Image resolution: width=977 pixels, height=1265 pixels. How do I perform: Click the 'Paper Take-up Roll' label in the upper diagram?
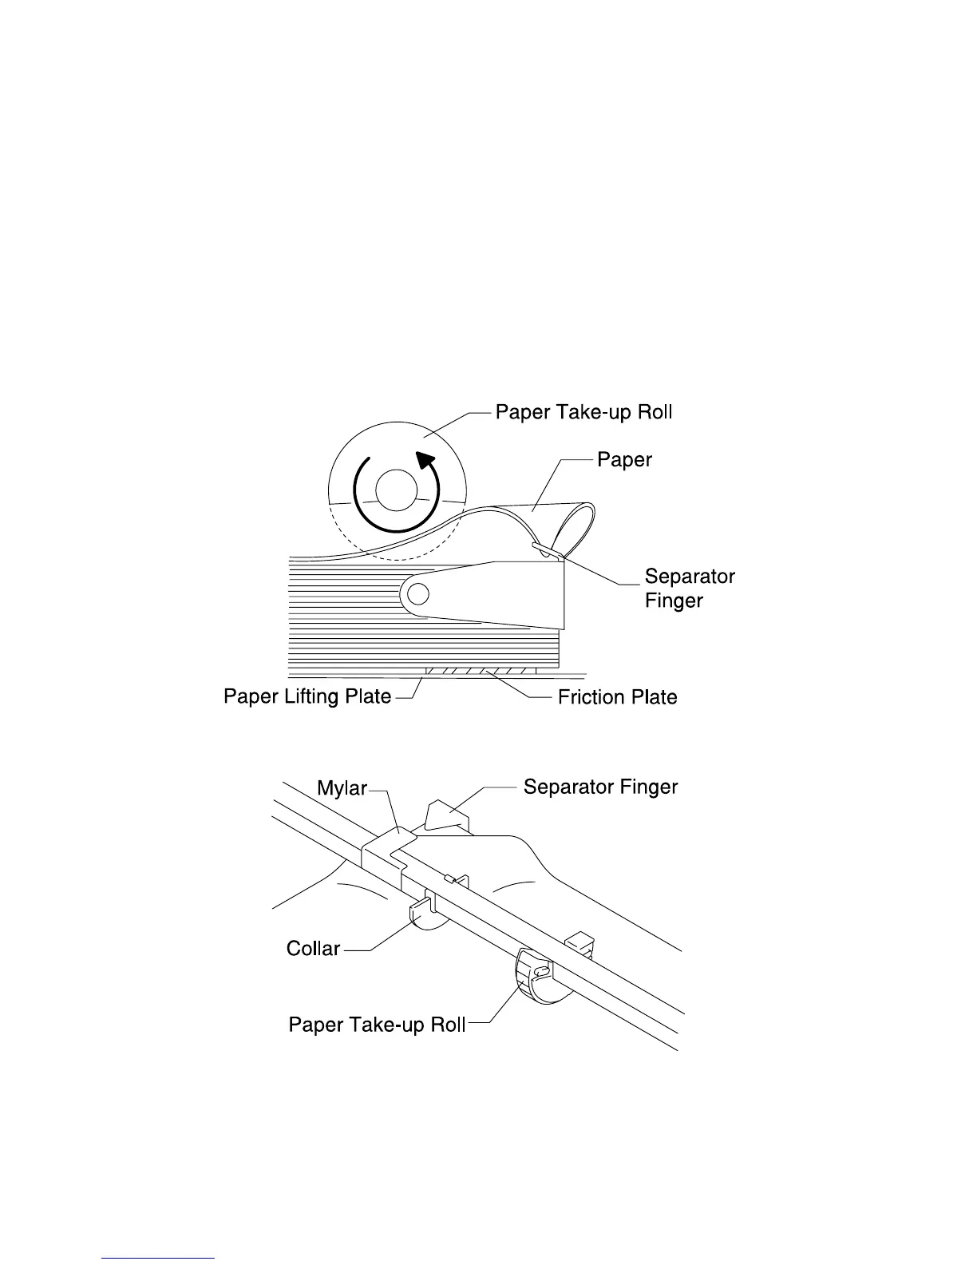(x=583, y=412)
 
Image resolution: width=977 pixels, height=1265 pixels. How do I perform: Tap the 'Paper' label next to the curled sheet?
(x=624, y=459)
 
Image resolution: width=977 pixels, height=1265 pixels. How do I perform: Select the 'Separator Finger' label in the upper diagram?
(x=689, y=588)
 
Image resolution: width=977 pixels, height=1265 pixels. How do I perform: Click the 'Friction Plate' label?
(x=617, y=697)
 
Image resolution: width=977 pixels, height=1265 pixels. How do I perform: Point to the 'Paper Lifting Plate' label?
(x=307, y=696)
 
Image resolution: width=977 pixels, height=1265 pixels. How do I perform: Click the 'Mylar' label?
(x=342, y=788)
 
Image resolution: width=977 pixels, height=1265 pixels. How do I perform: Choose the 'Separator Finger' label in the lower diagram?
(x=600, y=787)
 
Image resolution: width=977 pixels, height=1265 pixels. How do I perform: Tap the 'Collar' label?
(x=313, y=949)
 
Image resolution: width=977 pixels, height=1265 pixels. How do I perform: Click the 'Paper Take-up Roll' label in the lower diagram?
(x=377, y=1025)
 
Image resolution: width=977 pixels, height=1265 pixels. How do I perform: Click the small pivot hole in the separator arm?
(x=419, y=593)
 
